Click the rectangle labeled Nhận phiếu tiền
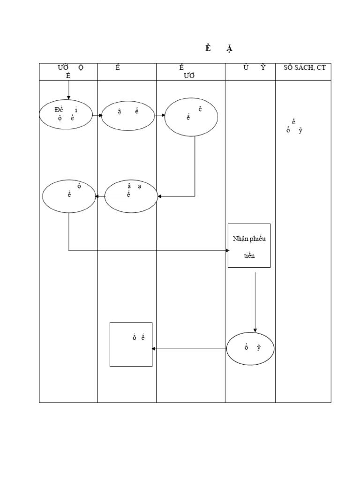point(249,245)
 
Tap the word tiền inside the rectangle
point(249,256)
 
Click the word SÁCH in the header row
point(304,67)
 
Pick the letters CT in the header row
point(321,67)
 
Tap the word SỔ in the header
point(288,67)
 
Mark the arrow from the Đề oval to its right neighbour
point(97,115)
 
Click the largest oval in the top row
point(191,117)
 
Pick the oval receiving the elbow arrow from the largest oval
point(131,196)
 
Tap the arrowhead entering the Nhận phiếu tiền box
point(225,251)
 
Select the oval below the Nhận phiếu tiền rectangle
point(251,348)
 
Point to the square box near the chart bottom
point(131,344)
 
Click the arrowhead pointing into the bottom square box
point(155,348)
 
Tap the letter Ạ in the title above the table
point(229,49)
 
